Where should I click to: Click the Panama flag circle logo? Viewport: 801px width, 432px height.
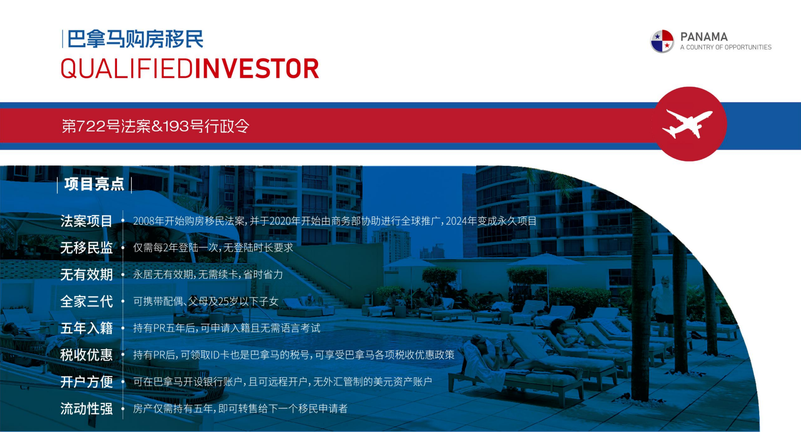coord(662,41)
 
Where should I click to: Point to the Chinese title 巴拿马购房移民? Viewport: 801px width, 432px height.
coord(135,39)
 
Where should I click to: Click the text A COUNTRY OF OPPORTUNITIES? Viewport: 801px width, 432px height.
coord(726,47)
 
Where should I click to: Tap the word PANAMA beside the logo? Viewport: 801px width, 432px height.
coord(704,37)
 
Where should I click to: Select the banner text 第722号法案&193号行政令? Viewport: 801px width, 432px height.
coord(156,126)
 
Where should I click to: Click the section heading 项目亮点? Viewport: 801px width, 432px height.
coord(94,184)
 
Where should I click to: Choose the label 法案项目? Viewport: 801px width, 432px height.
coord(86,221)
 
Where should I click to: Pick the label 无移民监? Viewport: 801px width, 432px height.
coord(86,248)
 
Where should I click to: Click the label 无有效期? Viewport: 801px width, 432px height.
coord(86,275)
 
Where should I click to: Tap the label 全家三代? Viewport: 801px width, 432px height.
coord(86,301)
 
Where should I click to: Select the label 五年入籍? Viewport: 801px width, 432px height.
coord(86,328)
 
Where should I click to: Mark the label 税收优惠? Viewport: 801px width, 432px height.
coord(86,355)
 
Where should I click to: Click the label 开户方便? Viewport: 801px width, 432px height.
coord(86,382)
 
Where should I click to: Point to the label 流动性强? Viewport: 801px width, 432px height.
coord(86,409)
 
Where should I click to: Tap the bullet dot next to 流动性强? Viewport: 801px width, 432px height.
coord(123,409)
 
